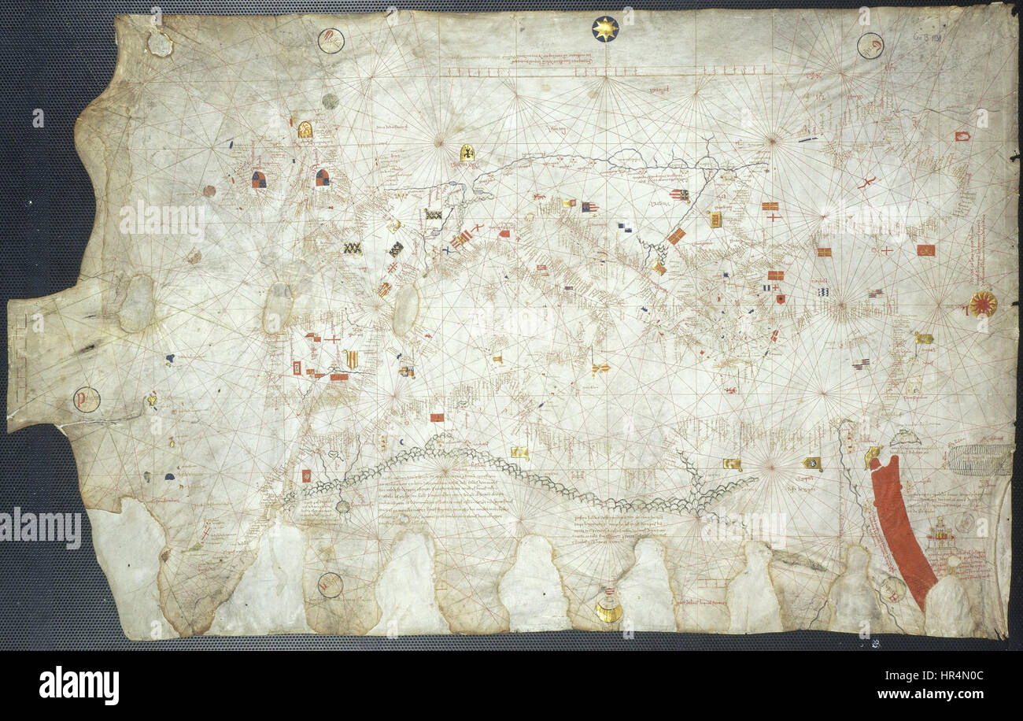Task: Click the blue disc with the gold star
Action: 604,29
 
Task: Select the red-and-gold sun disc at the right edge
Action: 982,304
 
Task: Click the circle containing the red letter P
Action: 87,400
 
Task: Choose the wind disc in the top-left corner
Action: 331,40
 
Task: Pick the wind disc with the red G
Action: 870,46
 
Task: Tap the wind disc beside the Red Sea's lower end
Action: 892,590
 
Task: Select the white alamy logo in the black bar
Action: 79,686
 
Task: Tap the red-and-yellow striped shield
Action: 351,359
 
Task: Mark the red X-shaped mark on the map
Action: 866,183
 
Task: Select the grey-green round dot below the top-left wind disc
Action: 331,101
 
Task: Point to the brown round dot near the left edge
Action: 209,190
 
